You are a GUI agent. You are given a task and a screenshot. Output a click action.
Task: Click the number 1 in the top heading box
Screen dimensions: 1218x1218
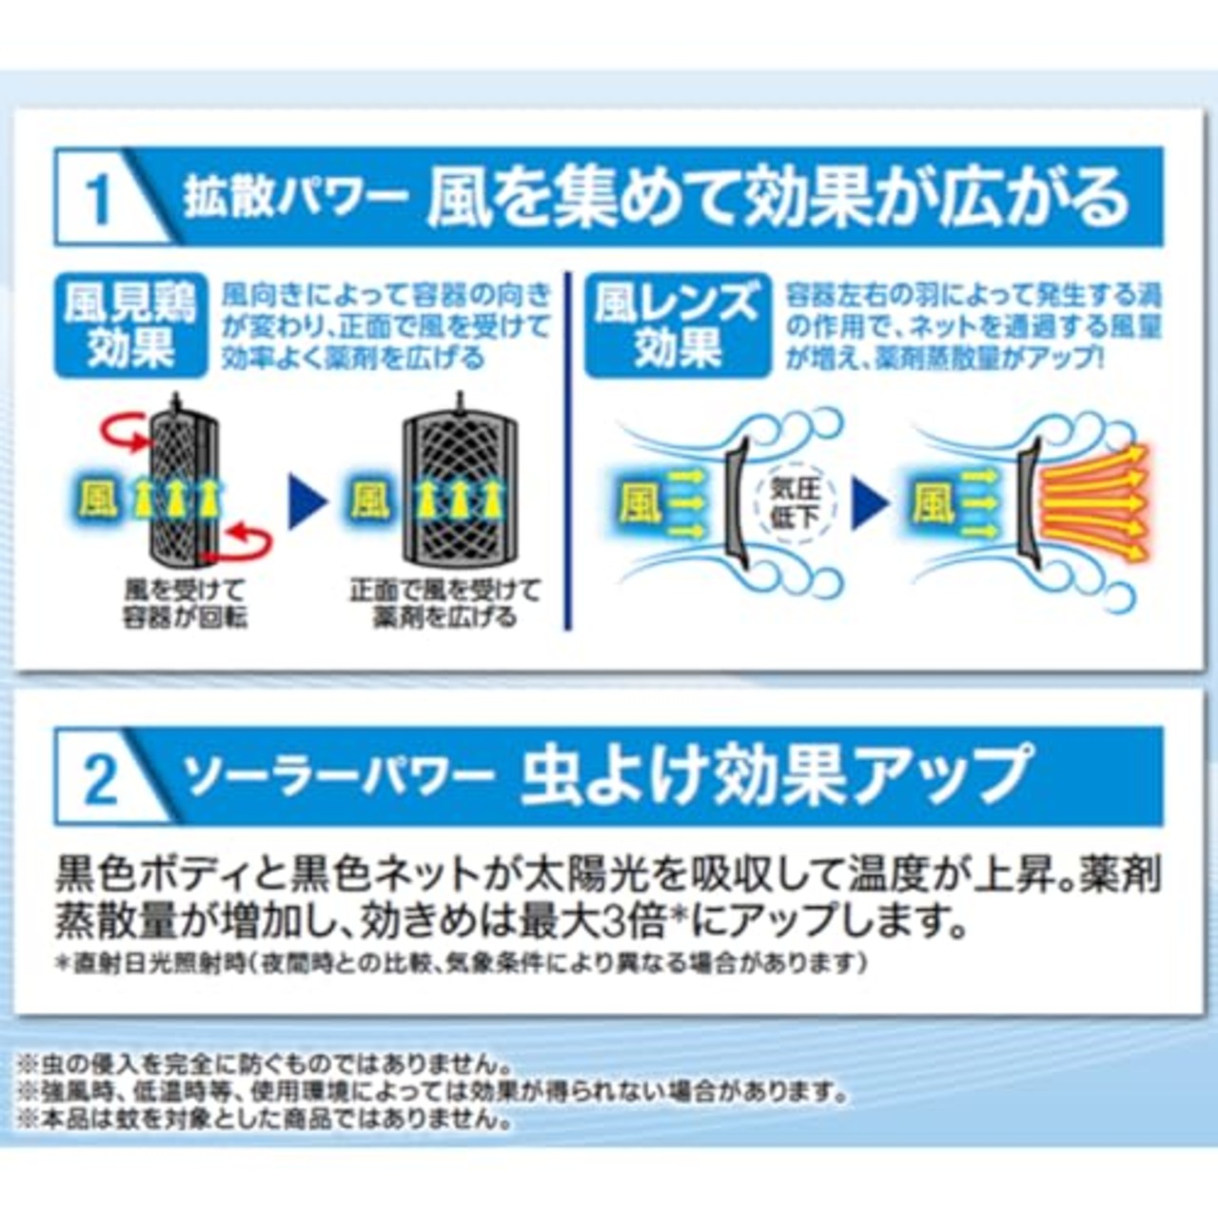pyautogui.click(x=98, y=199)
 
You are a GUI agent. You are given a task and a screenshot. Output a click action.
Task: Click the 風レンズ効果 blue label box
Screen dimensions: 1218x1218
pyautogui.click(x=677, y=325)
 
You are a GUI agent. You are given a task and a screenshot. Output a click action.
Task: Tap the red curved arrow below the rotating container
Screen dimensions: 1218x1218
pyautogui.click(x=244, y=541)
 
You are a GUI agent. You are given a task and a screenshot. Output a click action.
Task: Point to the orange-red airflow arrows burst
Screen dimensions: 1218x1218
pyautogui.click(x=1094, y=501)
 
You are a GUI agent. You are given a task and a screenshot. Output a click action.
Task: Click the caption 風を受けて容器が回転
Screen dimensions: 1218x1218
pyautogui.click(x=185, y=604)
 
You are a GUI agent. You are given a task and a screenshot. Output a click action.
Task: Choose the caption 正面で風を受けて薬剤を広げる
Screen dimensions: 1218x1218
pyautogui.click(x=445, y=604)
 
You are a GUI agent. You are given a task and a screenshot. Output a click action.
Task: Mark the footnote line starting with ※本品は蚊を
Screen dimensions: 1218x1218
pyautogui.click(x=266, y=1118)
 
